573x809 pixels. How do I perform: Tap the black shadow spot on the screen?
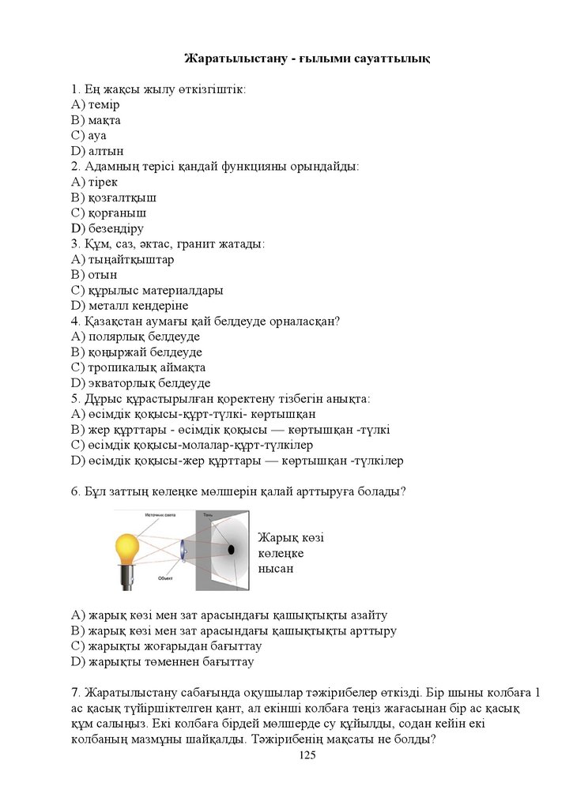point(231,548)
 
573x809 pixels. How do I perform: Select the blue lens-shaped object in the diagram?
point(182,550)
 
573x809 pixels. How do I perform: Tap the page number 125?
point(307,756)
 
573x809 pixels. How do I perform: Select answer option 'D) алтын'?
point(97,151)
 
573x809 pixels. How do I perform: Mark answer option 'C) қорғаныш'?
point(108,213)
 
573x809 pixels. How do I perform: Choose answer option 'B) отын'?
point(94,274)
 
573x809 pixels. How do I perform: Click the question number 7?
point(74,692)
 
